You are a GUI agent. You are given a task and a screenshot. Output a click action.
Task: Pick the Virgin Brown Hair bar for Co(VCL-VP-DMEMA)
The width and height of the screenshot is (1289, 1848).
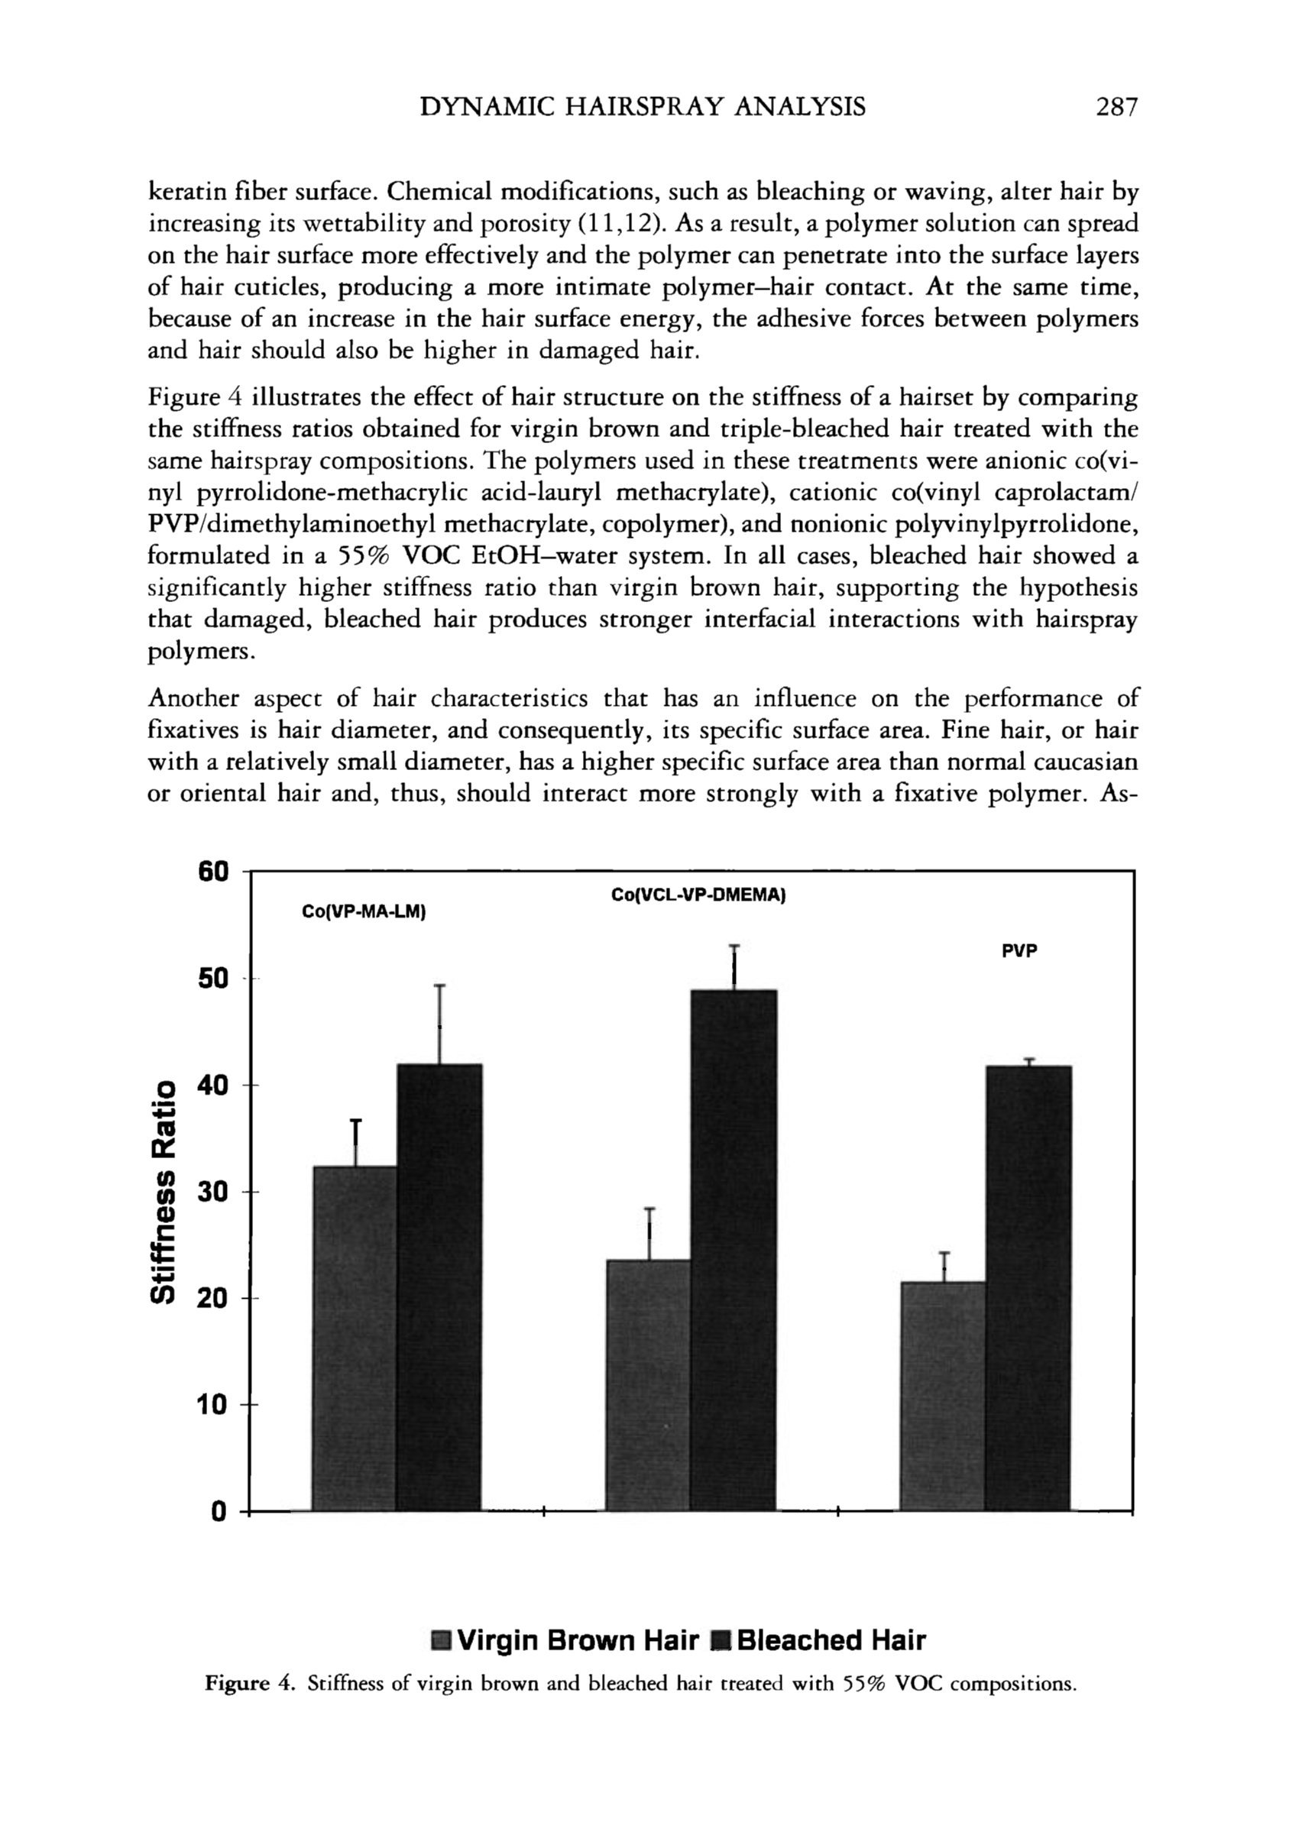coord(648,1384)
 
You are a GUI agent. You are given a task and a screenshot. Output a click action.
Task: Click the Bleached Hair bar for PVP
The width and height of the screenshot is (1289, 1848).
coord(1028,1287)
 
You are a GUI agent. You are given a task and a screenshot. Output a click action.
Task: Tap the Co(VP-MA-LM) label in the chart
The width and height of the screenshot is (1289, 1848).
coord(362,912)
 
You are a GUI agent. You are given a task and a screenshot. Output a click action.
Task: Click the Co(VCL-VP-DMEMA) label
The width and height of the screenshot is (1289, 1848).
coord(698,895)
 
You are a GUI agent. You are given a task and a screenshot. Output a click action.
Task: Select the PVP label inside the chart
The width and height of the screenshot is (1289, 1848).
coord(1019,950)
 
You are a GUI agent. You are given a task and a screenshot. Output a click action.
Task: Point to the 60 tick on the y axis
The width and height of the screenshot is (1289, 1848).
coord(215,872)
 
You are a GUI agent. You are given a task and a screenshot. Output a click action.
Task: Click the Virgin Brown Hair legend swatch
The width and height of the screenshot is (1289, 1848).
coord(441,1639)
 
